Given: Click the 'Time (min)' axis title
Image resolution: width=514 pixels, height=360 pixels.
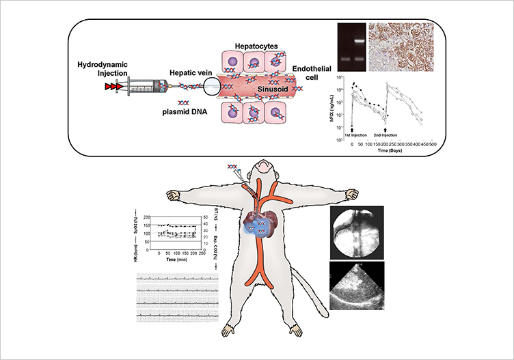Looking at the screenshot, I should coord(167,261).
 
